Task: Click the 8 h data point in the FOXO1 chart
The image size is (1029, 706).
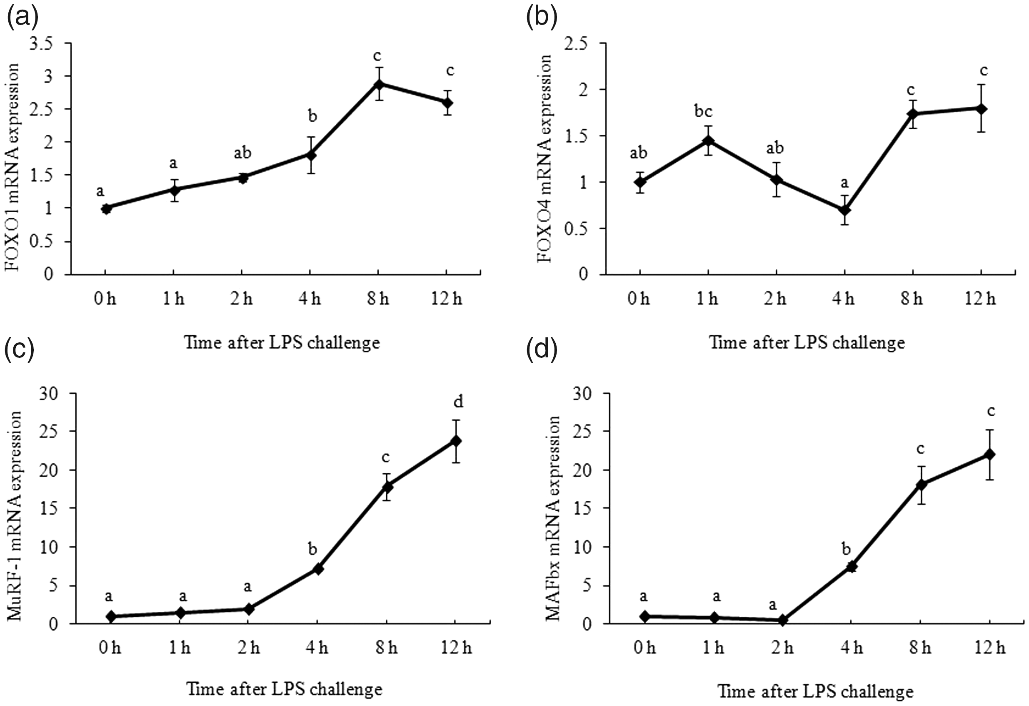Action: click(379, 84)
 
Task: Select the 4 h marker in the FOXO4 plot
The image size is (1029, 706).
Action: click(844, 210)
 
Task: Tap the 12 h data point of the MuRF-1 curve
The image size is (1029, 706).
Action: click(456, 440)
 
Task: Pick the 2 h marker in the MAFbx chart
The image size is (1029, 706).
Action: click(782, 621)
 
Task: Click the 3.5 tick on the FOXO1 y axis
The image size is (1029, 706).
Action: click(41, 43)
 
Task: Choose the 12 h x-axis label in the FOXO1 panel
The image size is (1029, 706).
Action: click(446, 299)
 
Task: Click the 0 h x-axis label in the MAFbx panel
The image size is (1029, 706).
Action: click(644, 648)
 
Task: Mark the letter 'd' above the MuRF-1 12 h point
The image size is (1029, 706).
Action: click(459, 402)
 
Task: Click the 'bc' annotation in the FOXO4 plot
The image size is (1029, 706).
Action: click(704, 112)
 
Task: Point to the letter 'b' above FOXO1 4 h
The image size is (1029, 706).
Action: click(312, 116)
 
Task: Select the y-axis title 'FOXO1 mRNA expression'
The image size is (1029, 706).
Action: click(13, 168)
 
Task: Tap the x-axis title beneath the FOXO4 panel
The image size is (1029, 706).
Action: click(807, 343)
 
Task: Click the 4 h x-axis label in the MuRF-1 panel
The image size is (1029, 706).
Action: click(317, 648)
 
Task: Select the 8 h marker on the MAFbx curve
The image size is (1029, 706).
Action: click(921, 485)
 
